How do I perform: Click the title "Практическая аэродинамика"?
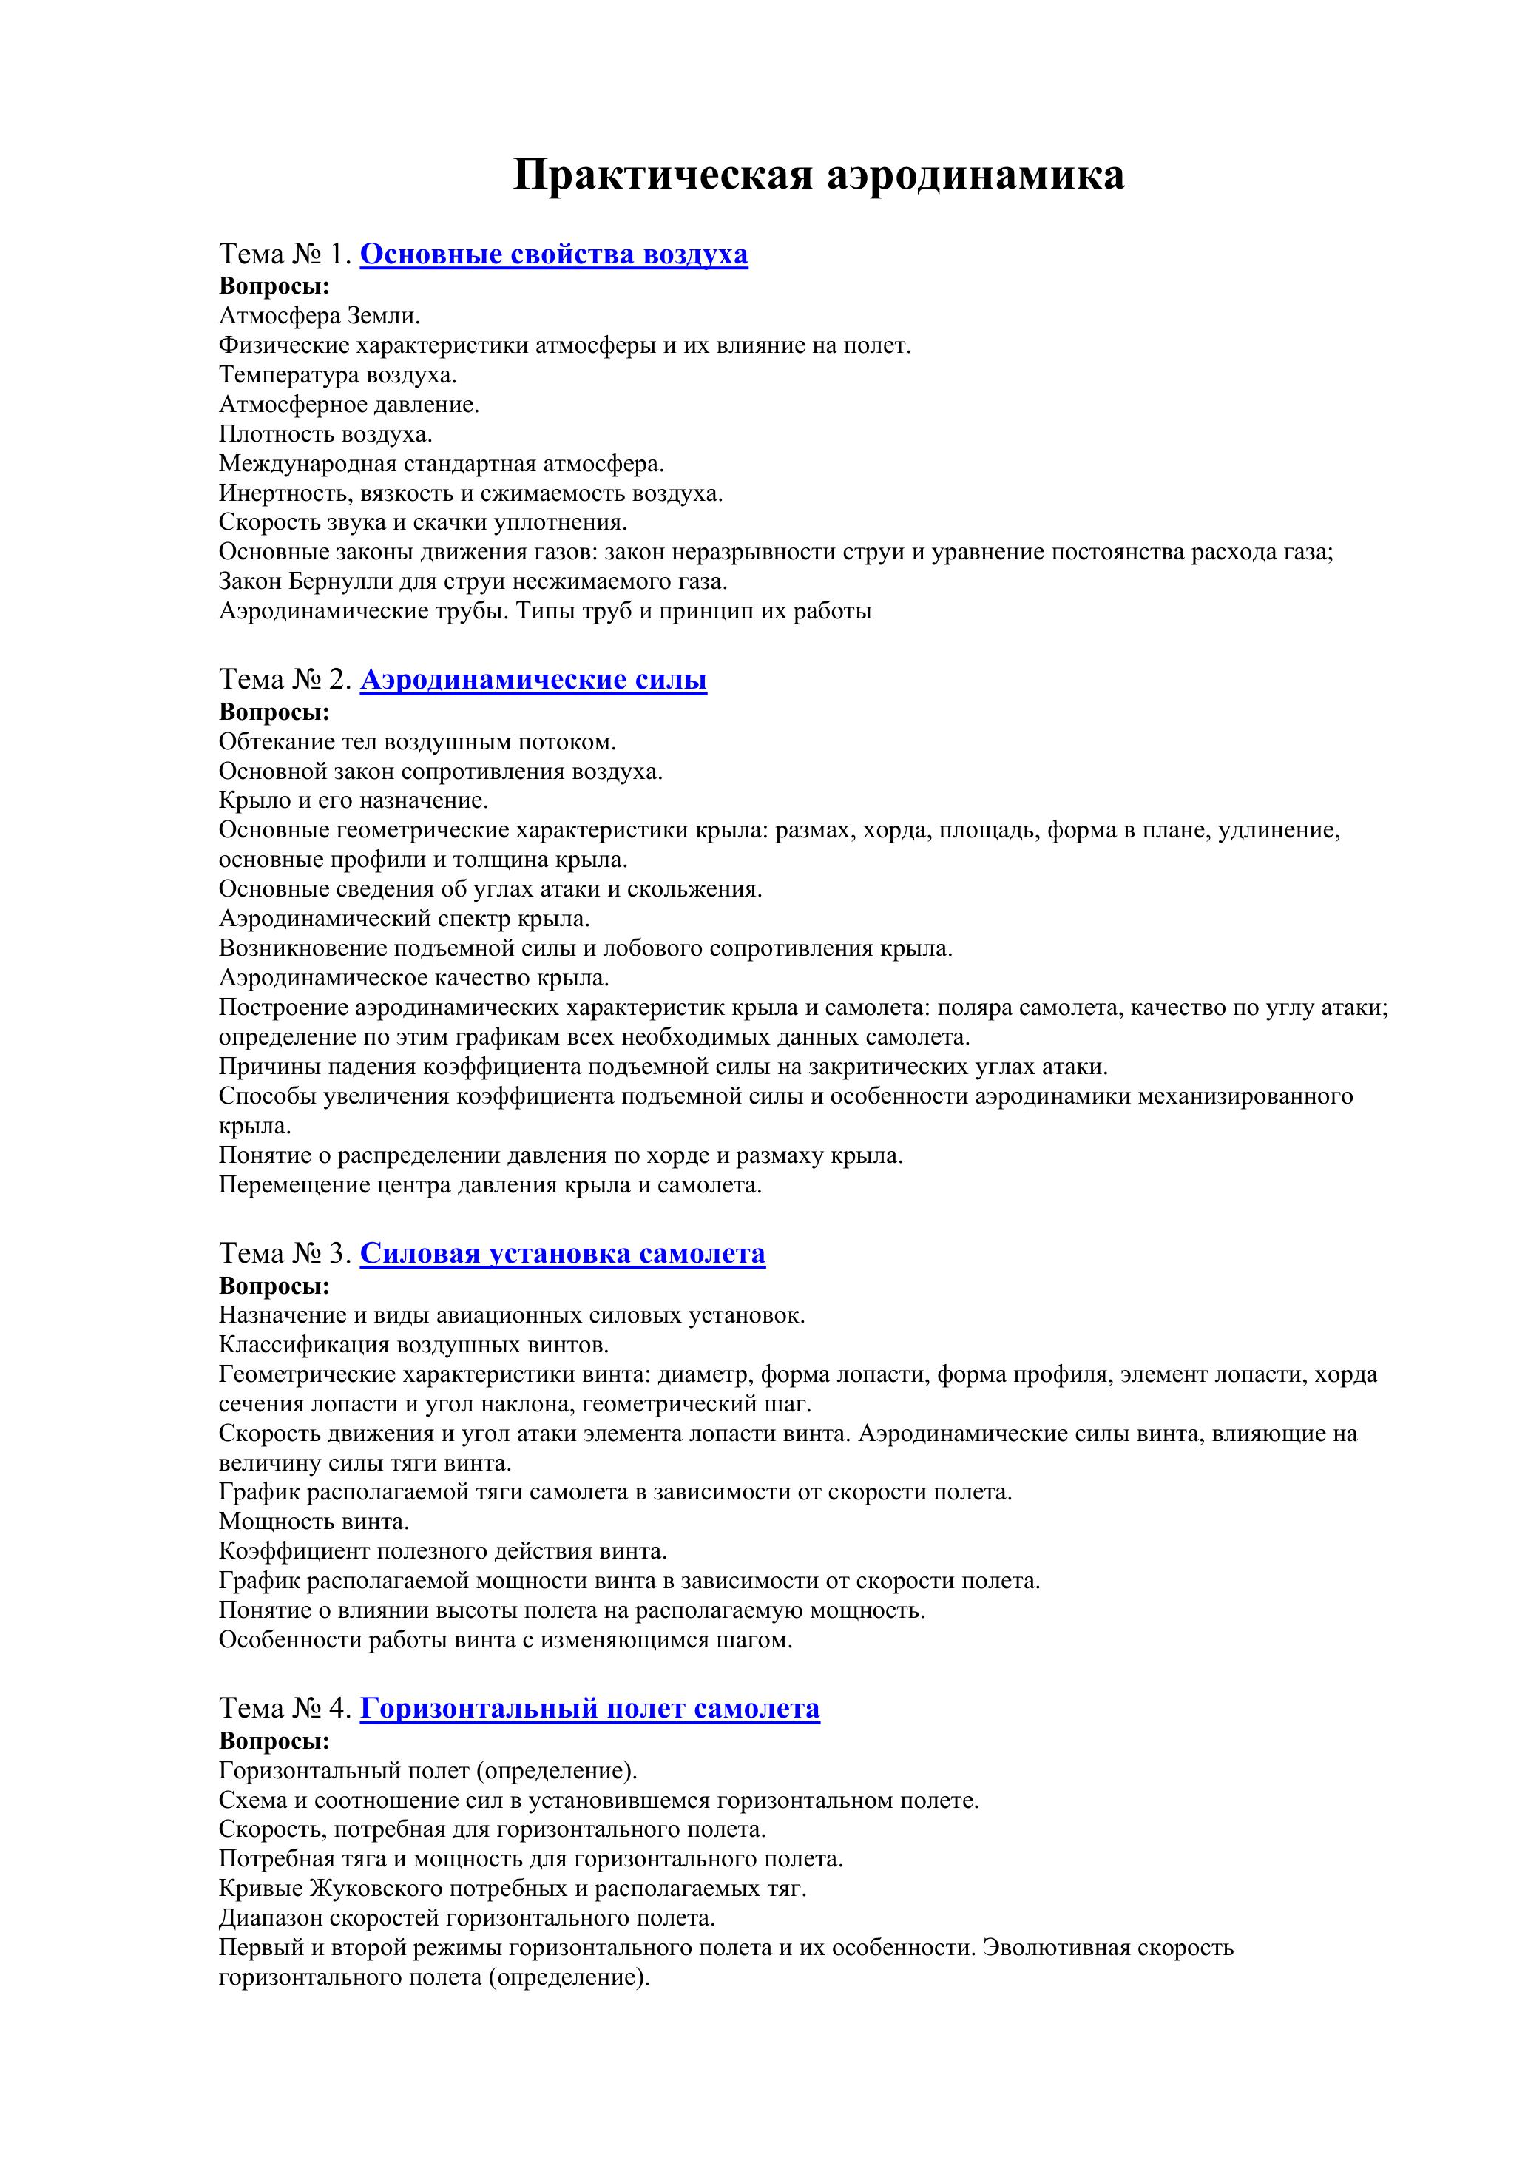(818, 175)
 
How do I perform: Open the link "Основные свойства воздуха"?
(554, 254)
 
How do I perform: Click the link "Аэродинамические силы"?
(533, 679)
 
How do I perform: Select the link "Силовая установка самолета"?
(562, 1253)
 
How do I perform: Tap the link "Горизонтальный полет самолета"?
(589, 1708)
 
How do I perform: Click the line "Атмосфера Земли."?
(320, 316)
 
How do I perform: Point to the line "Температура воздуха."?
(337, 375)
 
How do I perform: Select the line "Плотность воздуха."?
(325, 434)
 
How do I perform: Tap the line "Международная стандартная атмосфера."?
(442, 464)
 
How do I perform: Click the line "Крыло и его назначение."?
(354, 800)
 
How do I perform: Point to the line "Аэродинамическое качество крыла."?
(413, 977)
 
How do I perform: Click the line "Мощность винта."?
(314, 1520)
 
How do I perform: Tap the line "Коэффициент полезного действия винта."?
(443, 1550)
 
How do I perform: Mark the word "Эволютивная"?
(1056, 1947)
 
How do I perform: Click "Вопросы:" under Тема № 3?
(274, 1285)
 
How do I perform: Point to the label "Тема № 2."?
(285, 679)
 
